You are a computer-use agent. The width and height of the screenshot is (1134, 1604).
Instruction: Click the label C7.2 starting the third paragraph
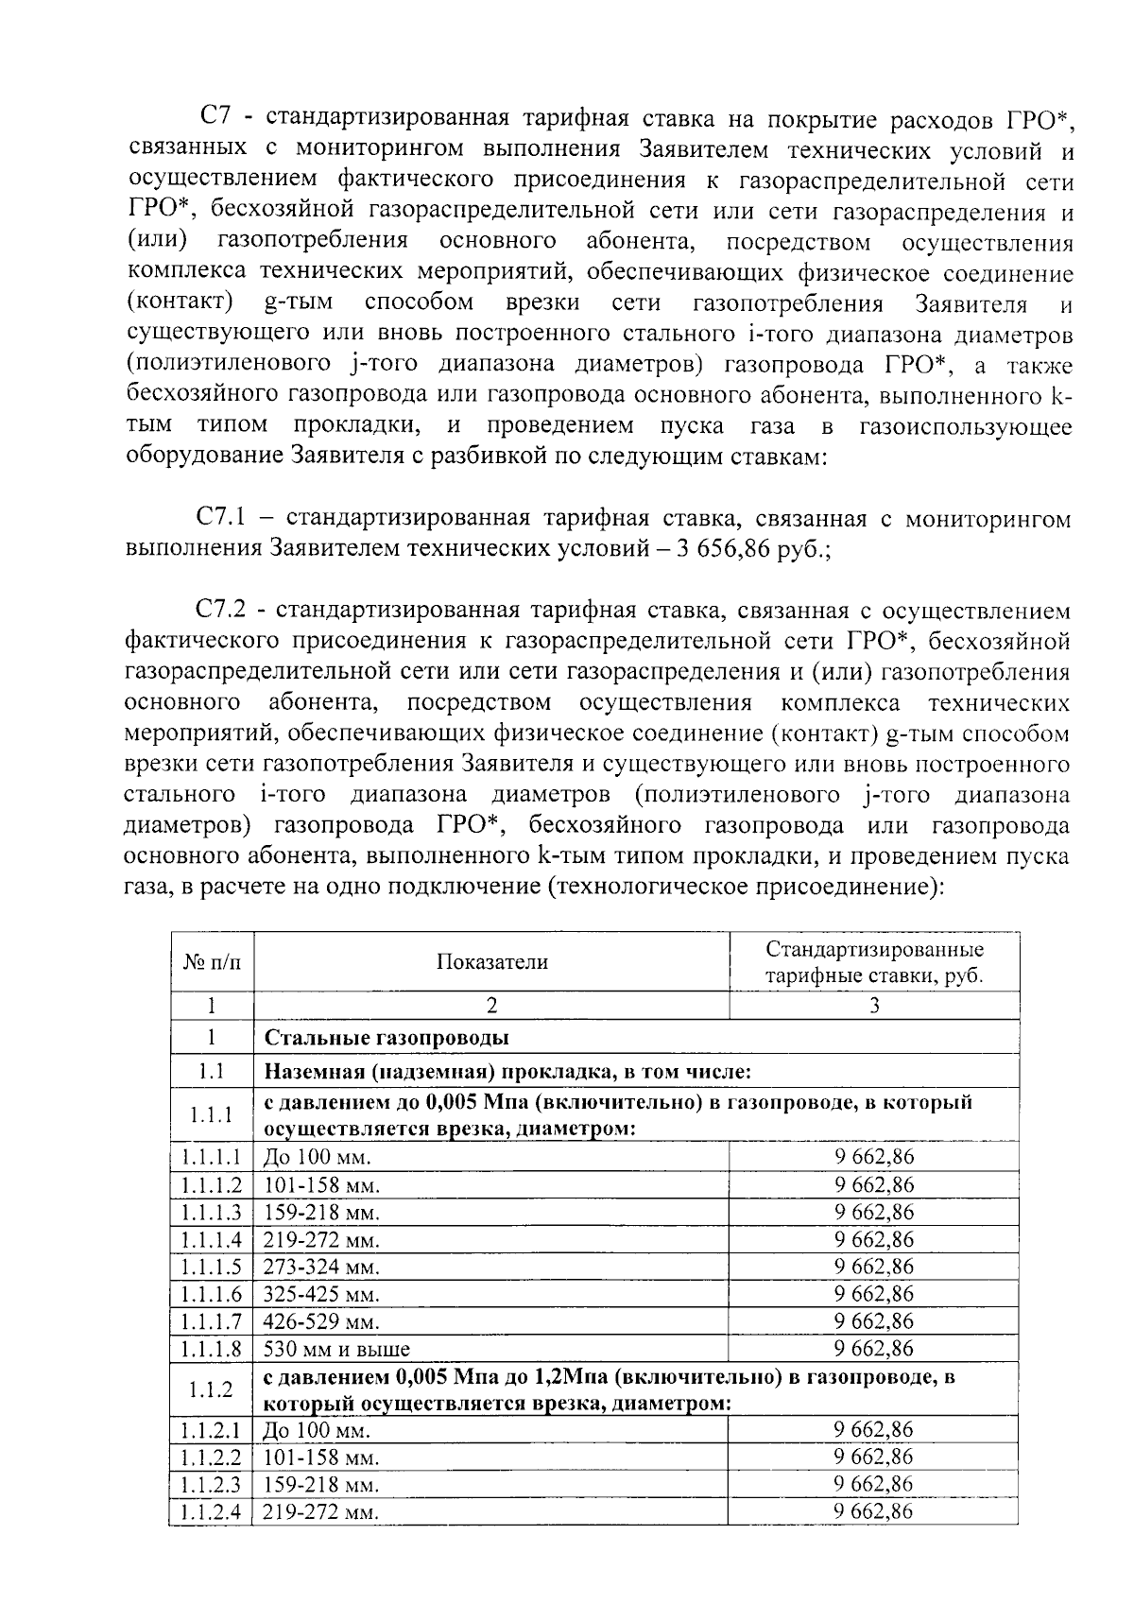tap(222, 611)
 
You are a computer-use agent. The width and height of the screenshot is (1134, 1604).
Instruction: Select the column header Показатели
tap(491, 962)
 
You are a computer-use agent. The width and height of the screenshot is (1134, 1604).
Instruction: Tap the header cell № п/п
tap(212, 962)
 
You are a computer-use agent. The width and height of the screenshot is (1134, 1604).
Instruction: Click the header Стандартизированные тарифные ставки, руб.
tap(874, 962)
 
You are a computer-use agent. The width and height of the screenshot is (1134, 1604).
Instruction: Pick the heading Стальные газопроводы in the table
tap(387, 1038)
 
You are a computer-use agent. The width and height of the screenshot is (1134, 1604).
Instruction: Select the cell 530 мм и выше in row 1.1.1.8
tap(336, 1349)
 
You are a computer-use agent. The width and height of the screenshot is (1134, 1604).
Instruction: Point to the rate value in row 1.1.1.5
tap(874, 1267)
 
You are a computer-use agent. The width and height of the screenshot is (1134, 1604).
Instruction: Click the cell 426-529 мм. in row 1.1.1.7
tap(320, 1321)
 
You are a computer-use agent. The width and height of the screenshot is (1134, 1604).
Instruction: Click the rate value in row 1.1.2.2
tap(874, 1457)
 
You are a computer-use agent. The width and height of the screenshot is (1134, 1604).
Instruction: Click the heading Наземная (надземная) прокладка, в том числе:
tap(507, 1072)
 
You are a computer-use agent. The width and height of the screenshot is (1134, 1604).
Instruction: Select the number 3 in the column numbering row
tap(874, 1006)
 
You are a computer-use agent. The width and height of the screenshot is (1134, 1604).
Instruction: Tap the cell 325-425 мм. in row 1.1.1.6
tap(320, 1294)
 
